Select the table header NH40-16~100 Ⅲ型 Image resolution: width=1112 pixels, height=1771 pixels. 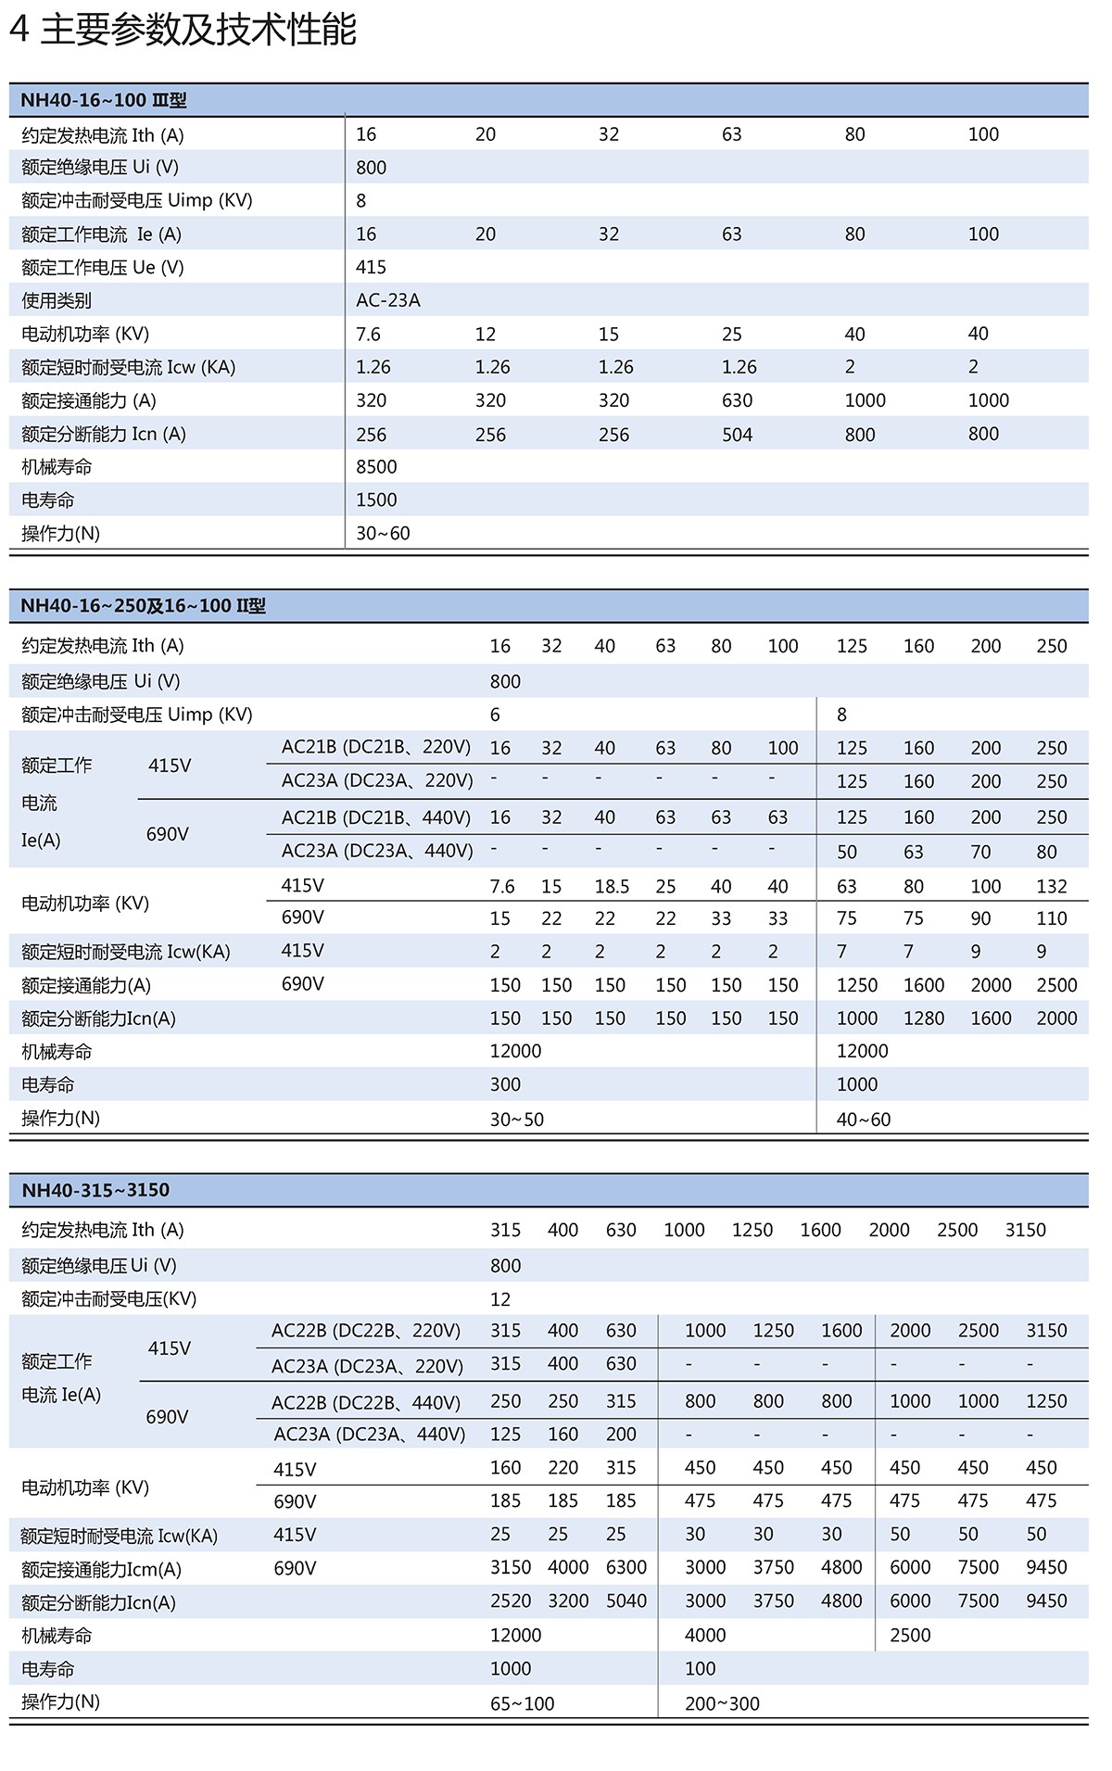click(103, 100)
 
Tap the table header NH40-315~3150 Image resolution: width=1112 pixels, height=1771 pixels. click(95, 1190)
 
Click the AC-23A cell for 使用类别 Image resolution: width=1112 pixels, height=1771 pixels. click(388, 300)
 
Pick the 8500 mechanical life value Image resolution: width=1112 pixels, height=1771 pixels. click(376, 467)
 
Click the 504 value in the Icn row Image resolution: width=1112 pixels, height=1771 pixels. click(737, 434)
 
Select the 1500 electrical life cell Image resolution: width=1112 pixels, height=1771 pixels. click(376, 500)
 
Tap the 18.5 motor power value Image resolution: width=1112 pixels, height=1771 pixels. click(612, 887)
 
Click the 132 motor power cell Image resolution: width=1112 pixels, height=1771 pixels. click(1052, 887)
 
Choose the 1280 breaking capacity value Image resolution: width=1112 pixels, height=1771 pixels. click(924, 1018)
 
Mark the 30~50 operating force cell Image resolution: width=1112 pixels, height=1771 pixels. click(516, 1120)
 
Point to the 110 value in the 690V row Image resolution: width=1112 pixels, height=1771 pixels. click(1052, 918)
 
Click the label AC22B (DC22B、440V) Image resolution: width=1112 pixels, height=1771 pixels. click(365, 1402)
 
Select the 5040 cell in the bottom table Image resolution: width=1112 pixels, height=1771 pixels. click(626, 1601)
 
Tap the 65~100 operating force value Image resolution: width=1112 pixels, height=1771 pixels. click(522, 1703)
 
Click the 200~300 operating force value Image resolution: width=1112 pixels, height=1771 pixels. click(722, 1703)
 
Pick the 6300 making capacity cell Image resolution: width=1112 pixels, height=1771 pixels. click(626, 1567)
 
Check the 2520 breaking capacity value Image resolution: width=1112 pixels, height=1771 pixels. click(511, 1601)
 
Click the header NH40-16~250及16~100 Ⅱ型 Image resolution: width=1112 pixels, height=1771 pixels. click(143, 606)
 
